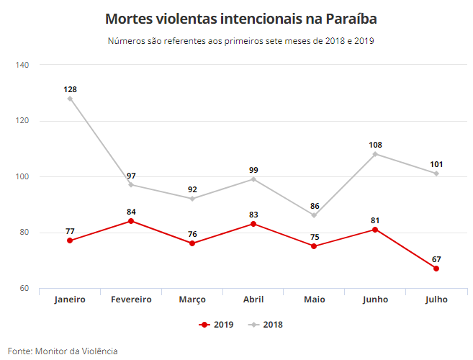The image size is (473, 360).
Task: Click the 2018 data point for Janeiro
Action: [x=70, y=98]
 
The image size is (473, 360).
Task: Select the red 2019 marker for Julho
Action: [x=436, y=269]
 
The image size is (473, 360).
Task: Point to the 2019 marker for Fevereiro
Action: [x=131, y=221]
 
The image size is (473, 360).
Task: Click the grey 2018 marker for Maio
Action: [x=314, y=215]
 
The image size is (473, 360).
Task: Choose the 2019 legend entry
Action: [x=217, y=325]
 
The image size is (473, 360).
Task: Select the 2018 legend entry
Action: [x=266, y=325]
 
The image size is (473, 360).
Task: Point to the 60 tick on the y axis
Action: [x=24, y=289]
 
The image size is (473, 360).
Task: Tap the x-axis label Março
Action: [x=192, y=300]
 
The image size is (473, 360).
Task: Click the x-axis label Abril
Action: [x=253, y=300]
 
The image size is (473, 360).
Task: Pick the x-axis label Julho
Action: [x=436, y=300]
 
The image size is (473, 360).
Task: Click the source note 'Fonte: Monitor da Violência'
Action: [x=63, y=351]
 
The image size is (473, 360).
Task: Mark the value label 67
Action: [x=436, y=259]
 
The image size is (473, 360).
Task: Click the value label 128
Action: [x=70, y=89]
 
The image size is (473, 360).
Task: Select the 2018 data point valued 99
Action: [x=253, y=179]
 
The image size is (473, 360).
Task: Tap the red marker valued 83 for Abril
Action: [x=253, y=224]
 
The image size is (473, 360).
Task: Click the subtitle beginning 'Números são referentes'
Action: [x=240, y=41]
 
